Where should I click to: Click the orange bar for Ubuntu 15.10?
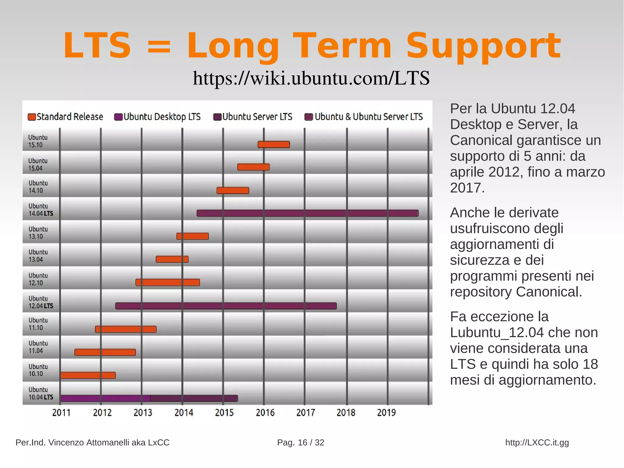(274, 145)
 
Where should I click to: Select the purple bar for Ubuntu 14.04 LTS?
(307, 213)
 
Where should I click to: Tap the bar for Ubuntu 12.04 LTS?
(226, 306)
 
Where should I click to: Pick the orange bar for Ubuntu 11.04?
(105, 352)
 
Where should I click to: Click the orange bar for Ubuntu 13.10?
(193, 236)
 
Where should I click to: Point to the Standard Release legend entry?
(66, 117)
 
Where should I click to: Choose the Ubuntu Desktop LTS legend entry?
(158, 117)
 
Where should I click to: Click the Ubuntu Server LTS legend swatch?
(217, 117)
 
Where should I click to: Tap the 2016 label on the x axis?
(265, 413)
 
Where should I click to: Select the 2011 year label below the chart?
(61, 413)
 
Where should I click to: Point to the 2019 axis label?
(386, 413)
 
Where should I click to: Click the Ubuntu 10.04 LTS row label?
(41, 393)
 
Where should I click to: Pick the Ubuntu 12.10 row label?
(38, 279)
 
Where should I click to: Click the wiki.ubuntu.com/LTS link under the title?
(311, 78)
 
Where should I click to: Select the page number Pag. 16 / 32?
(300, 442)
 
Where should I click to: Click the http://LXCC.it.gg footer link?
(537, 442)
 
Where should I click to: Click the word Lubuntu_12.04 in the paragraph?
(497, 332)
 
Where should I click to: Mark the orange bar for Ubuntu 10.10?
(88, 375)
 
